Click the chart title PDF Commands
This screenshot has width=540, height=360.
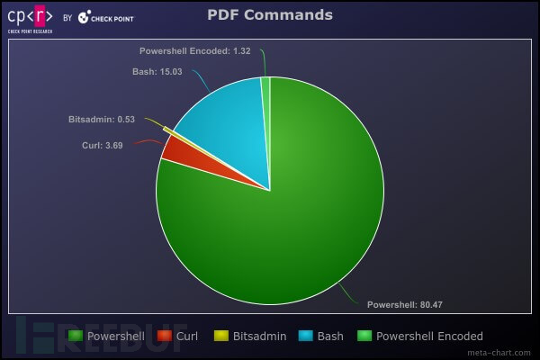270,14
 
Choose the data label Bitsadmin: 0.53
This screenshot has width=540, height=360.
102,119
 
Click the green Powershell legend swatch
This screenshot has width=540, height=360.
75,336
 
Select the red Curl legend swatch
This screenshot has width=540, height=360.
164,336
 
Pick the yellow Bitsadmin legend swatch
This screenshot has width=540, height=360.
221,336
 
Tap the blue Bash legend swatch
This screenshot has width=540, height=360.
305,336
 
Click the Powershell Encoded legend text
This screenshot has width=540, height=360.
429,336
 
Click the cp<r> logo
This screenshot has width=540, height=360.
30,15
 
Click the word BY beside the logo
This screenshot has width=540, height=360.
67,16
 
